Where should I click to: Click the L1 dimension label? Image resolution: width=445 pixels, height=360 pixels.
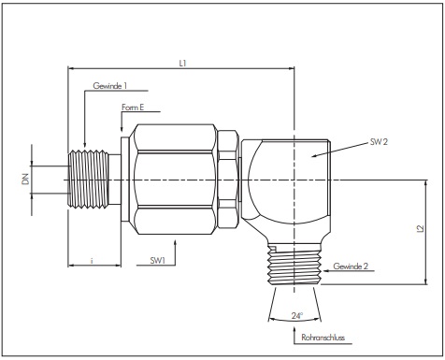[x=182, y=64]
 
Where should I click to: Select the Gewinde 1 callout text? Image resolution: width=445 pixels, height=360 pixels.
[x=110, y=86]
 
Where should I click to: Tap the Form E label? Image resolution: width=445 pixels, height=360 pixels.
[x=133, y=108]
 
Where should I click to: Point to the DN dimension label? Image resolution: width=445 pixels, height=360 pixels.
[x=26, y=179]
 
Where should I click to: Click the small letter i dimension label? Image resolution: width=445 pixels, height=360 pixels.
[x=92, y=260]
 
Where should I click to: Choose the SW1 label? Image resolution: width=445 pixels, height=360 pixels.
[x=158, y=260]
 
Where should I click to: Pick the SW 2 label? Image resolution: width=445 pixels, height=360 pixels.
[x=379, y=142]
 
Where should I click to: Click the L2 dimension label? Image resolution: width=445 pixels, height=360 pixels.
[x=420, y=228]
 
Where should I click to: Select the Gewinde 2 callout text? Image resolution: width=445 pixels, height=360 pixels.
[x=351, y=266]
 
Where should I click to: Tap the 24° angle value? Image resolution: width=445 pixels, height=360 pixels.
[x=297, y=315]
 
